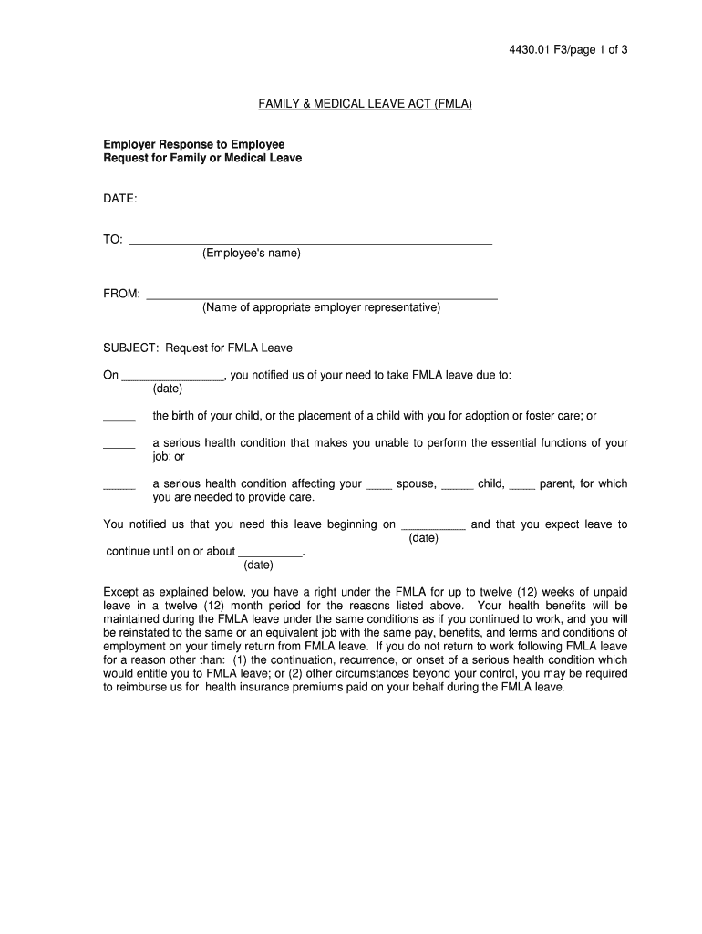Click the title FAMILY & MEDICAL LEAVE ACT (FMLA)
tap(365, 104)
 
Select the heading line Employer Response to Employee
tap(193, 144)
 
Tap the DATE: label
tap(119, 198)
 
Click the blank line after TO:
tap(310, 243)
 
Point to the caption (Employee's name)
tap(251, 253)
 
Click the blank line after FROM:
tap(322, 296)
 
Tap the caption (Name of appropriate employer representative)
tap(321, 307)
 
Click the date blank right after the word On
tap(172, 376)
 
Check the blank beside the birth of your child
tap(119, 419)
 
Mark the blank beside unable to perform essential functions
tap(119, 445)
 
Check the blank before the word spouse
tap(378, 487)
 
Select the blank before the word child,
tap(457, 487)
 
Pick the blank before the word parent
tap(521, 487)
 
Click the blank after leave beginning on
tap(434, 527)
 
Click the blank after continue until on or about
tap(269, 554)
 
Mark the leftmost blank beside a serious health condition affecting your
tap(119, 487)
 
